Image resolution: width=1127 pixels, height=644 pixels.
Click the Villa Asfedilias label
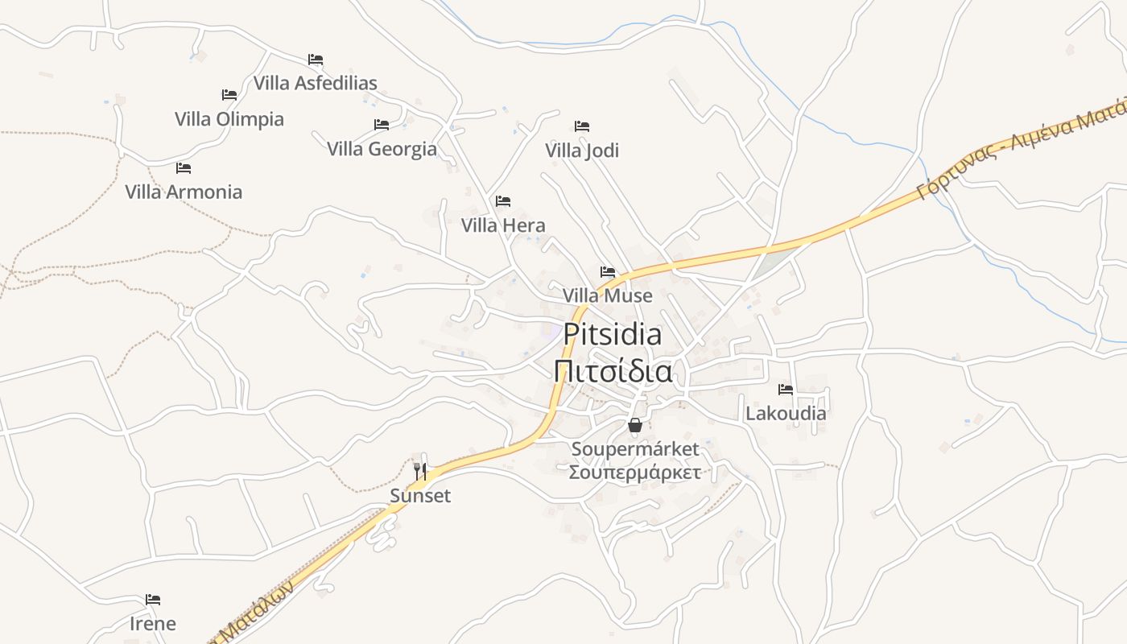point(315,83)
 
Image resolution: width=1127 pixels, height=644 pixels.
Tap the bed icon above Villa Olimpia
point(229,95)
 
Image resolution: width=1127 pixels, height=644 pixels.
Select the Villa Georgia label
point(382,149)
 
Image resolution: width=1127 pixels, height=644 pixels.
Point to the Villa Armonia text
point(184,192)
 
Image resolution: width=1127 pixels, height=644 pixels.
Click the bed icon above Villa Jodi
point(582,126)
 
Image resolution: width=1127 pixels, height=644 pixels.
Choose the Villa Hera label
point(503,225)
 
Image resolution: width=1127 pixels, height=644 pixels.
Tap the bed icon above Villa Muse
point(608,272)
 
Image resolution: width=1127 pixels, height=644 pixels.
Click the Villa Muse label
point(608,295)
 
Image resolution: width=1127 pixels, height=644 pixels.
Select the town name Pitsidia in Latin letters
point(613,334)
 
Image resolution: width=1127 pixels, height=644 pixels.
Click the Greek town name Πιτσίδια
point(613,372)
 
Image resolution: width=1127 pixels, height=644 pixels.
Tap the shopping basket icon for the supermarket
point(635,425)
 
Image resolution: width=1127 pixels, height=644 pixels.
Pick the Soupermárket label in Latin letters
point(635,448)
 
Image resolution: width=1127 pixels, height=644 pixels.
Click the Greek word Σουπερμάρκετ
point(635,472)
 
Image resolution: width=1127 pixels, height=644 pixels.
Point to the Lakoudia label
point(786,413)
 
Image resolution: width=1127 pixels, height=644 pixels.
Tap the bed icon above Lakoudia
point(786,390)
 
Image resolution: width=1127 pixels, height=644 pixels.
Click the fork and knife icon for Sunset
point(420,471)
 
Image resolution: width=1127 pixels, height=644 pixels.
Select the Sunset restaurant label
point(420,495)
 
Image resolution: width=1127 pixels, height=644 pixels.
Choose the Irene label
point(153,623)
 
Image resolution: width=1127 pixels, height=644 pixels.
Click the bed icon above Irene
point(153,600)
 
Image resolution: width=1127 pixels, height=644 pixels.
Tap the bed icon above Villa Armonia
point(184,168)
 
